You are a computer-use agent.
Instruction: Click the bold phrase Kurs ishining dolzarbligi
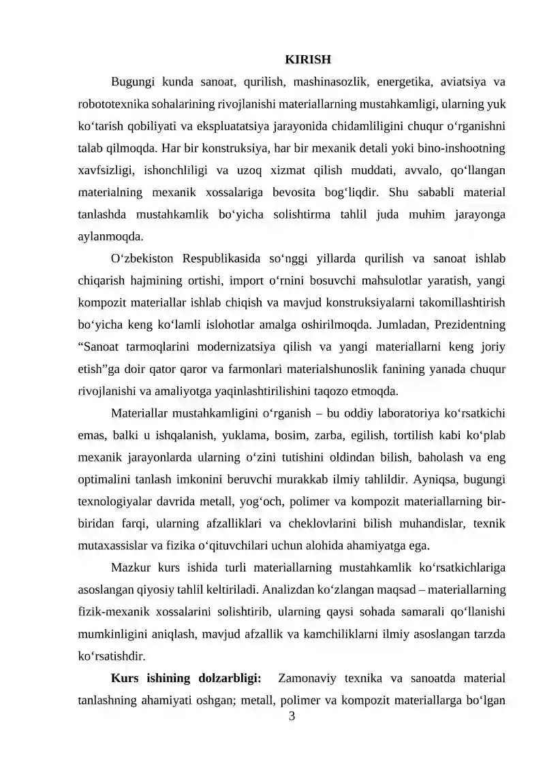186,678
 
